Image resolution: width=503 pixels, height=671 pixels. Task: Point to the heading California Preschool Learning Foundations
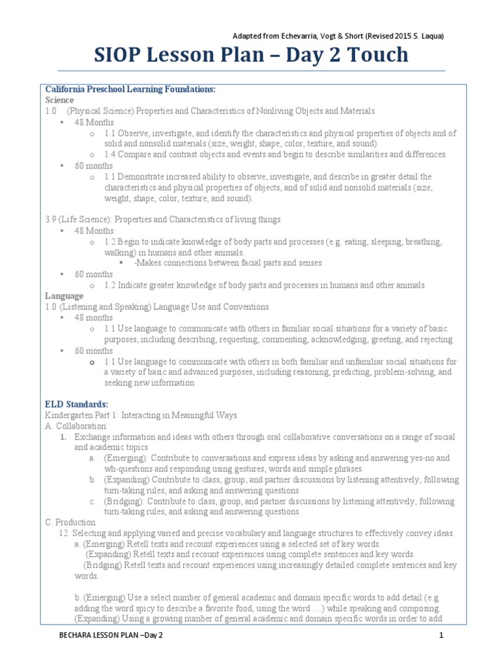coord(130,89)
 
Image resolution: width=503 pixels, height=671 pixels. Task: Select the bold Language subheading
coord(64,296)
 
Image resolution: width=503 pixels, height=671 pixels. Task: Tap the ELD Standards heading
coord(76,404)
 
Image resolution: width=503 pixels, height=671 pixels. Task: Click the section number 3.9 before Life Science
coord(52,220)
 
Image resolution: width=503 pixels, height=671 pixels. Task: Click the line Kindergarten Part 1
coord(141,415)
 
